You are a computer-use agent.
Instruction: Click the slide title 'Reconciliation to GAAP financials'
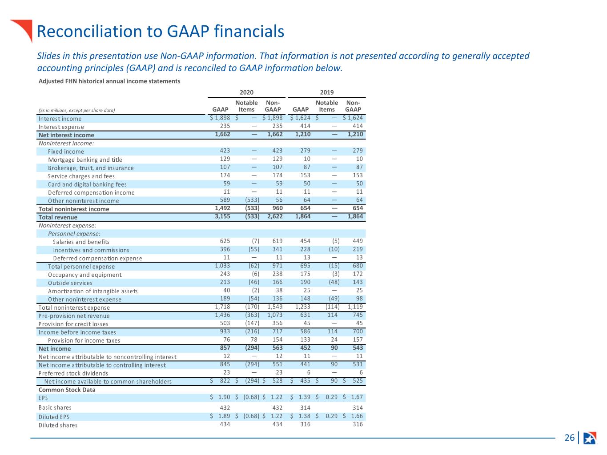(161, 31)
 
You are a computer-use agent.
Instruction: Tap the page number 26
(569, 438)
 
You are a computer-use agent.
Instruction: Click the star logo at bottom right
(590, 438)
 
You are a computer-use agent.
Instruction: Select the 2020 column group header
(246, 92)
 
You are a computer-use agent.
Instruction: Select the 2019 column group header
(326, 92)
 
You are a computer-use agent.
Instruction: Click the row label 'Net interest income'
(66, 135)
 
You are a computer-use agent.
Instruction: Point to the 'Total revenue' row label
(58, 217)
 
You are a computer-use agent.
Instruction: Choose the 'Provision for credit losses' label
(73, 324)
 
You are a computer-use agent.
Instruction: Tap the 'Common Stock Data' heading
(67, 390)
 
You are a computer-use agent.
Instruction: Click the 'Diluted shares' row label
(58, 425)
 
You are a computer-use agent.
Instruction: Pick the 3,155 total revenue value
(222, 216)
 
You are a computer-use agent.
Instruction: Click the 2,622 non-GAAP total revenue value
(275, 216)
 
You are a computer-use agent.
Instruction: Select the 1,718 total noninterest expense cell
(222, 307)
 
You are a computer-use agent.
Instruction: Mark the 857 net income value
(225, 348)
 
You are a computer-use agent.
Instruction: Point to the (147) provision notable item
(252, 323)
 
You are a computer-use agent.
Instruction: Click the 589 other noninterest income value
(225, 200)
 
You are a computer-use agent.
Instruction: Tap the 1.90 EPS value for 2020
(224, 397)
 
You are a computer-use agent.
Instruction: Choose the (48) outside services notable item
(334, 282)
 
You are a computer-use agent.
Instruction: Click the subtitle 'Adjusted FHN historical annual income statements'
(109, 81)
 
